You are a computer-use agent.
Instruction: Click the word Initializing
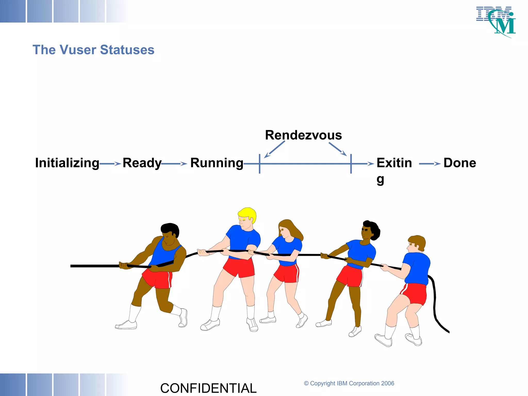click(x=67, y=163)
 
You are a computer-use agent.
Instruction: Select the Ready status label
click(x=142, y=163)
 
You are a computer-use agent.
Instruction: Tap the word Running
click(x=217, y=163)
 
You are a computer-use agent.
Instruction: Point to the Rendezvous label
click(x=303, y=135)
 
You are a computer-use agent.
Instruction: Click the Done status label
click(x=460, y=163)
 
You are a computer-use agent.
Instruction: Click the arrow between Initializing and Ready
click(x=110, y=164)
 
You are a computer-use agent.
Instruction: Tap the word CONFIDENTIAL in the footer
click(x=208, y=388)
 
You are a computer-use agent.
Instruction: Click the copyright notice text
click(x=349, y=383)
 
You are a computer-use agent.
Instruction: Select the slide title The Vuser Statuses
click(x=93, y=50)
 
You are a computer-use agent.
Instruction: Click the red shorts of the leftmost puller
click(x=157, y=278)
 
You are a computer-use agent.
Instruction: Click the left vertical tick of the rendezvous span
click(x=260, y=164)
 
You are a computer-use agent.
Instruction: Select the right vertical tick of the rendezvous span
click(x=351, y=164)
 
